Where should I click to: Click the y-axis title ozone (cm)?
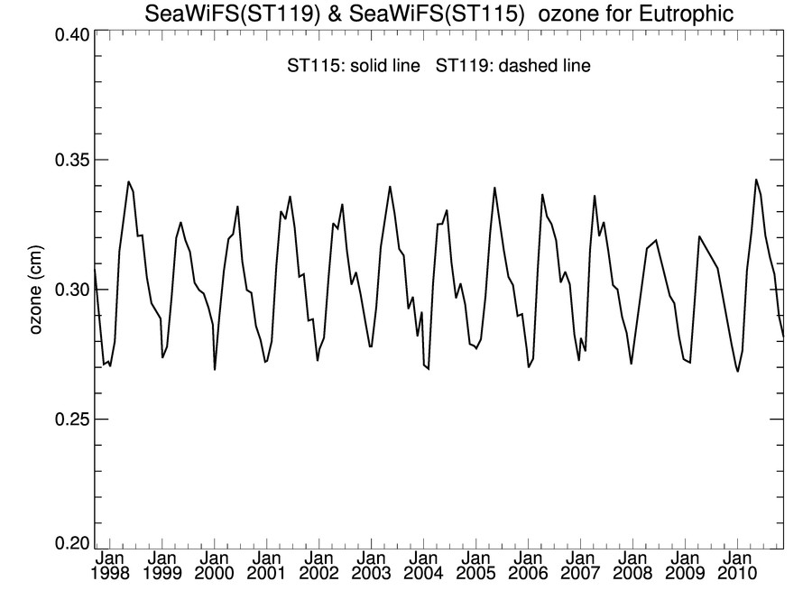click(36, 290)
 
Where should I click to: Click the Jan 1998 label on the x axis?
click(110, 566)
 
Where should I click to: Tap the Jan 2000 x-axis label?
click(215, 566)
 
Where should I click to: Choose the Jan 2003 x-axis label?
click(371, 566)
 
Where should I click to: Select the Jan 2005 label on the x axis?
click(475, 566)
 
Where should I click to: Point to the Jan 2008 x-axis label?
click(632, 566)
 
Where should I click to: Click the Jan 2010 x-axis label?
click(737, 566)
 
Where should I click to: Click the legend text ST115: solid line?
click(353, 67)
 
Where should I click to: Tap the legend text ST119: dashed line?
click(513, 67)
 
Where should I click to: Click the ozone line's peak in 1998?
click(128, 181)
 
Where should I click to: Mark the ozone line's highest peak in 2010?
click(756, 180)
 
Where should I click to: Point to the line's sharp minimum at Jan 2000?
click(215, 369)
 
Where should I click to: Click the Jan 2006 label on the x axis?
click(528, 566)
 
